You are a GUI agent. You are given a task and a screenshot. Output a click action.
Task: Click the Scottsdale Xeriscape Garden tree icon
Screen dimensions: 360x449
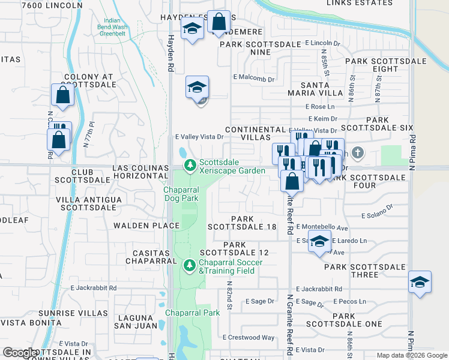[x=190, y=164]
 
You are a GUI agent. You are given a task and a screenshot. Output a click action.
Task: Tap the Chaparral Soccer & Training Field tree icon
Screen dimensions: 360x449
[x=190, y=264]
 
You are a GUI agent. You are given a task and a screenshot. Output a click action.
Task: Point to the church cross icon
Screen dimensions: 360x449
[x=358, y=152]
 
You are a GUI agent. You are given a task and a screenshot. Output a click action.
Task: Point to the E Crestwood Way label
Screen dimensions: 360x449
[x=249, y=338]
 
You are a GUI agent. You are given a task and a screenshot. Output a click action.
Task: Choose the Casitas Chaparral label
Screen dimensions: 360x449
[x=150, y=256]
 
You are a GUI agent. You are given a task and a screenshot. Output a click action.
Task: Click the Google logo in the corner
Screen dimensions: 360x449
[x=19, y=353]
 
